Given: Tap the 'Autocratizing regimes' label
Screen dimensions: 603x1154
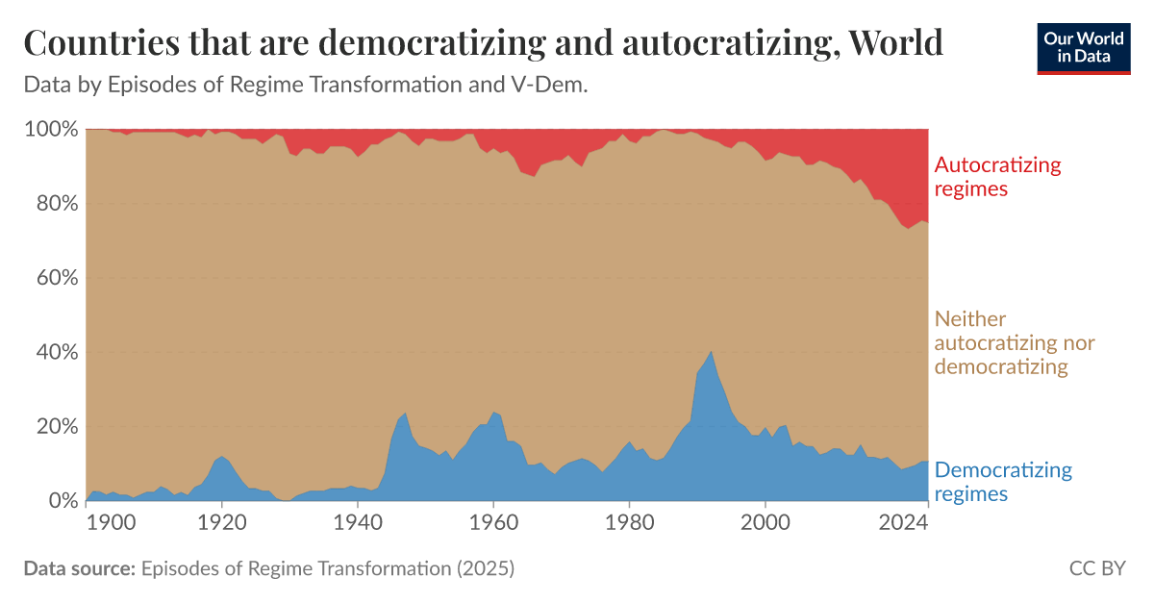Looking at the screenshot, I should click(998, 176).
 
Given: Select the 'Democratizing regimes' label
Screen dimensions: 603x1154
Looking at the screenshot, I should click(1003, 482).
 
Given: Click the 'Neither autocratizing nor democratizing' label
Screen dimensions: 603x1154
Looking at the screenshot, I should click(1015, 342).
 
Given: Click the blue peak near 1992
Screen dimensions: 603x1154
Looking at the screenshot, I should click(711, 354).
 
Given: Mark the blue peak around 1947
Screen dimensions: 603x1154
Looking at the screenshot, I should click(405, 415).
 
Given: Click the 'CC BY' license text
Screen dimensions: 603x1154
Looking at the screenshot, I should click(1096, 568).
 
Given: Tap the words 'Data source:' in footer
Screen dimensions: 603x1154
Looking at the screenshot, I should click(79, 568).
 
